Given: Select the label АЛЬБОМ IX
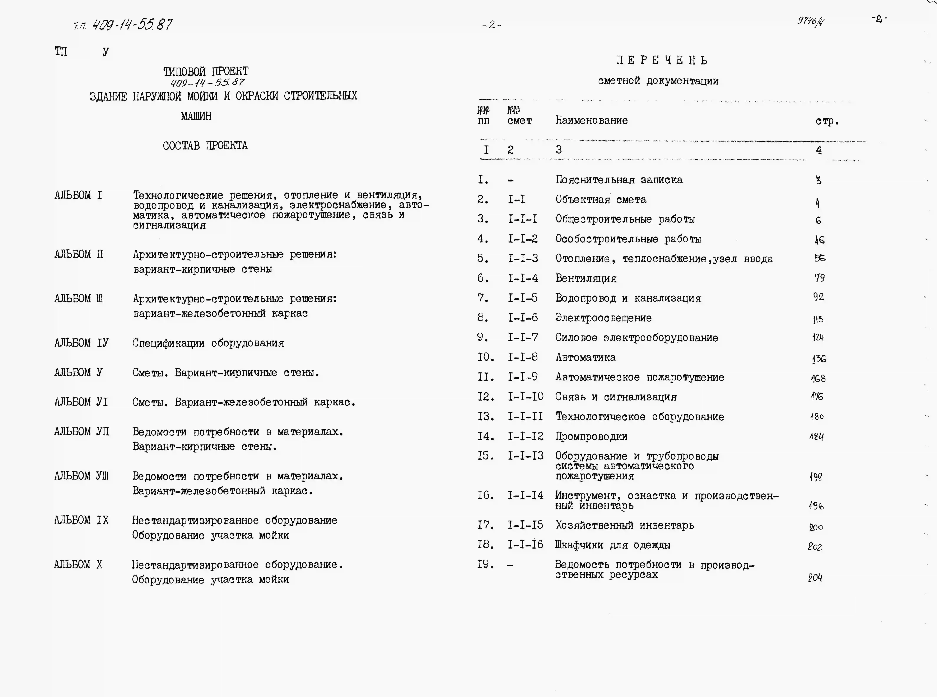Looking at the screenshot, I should click(81, 520).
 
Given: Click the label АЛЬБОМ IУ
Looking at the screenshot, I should click(81, 343).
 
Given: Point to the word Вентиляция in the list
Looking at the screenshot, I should click(586, 278).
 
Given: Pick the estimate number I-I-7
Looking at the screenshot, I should click(523, 338).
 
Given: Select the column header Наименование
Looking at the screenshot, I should click(591, 121).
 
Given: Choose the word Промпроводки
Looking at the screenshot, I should click(591, 437).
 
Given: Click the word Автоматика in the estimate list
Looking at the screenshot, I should click(585, 357).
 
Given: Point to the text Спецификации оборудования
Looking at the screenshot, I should click(208, 343).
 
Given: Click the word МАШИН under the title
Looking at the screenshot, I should click(196, 116).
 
